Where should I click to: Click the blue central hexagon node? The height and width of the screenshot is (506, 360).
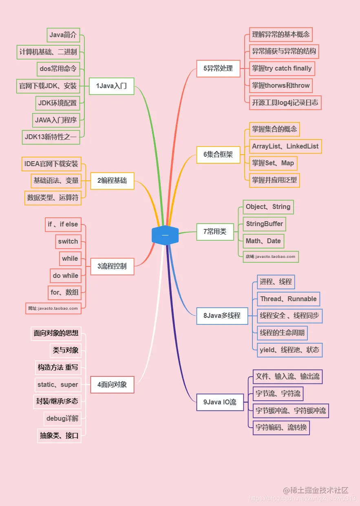tap(165, 235)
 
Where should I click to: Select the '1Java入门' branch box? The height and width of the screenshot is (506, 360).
tap(112, 86)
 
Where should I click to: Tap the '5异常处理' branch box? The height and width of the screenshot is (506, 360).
tap(218, 69)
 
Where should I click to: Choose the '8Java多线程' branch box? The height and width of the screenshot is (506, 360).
tap(222, 316)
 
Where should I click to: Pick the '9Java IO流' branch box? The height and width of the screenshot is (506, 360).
tap(220, 402)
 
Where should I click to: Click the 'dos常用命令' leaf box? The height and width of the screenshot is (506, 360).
tap(58, 69)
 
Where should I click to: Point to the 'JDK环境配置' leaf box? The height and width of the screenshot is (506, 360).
tap(57, 103)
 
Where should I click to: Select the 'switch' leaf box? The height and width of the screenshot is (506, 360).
tap(68, 242)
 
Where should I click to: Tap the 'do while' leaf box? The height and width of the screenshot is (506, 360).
tap(65, 276)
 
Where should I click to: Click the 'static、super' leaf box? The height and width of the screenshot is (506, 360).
tap(57, 385)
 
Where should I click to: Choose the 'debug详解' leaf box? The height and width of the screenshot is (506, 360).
tap(62, 419)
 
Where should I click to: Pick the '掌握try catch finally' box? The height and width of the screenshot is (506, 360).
tap(282, 69)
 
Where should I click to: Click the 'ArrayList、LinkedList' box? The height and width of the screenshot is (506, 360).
tap(285, 146)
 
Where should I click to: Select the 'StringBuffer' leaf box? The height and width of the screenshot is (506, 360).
tap(264, 224)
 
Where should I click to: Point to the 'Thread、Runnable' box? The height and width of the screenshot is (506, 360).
tap(288, 299)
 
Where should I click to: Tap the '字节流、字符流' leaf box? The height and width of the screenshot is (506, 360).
tap(278, 394)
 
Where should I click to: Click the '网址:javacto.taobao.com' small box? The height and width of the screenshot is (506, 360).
tap(53, 308)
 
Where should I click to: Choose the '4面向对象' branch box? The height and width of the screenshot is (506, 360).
tap(112, 384)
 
